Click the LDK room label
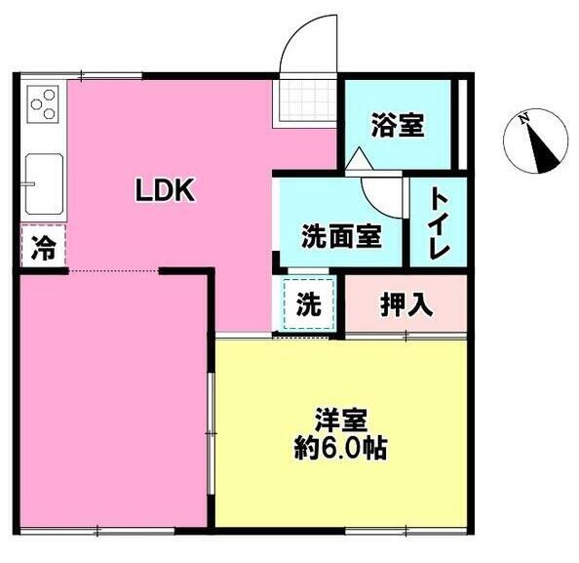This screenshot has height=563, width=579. pyautogui.click(x=165, y=190)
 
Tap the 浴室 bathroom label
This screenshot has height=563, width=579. pyautogui.click(x=398, y=125)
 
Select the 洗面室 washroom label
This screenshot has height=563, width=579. pyautogui.click(x=341, y=236)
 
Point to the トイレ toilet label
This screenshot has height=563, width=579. pyautogui.click(x=439, y=222)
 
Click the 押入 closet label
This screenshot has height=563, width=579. pyautogui.click(x=406, y=305)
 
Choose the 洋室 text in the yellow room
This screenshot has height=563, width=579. pyautogui.click(x=341, y=420)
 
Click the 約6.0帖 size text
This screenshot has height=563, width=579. pyautogui.click(x=340, y=448)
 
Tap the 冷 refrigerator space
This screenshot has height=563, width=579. pyautogui.click(x=44, y=246)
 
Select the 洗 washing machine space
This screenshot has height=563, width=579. pyautogui.click(x=309, y=304)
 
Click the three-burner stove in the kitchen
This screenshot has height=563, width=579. pyautogui.click(x=43, y=103)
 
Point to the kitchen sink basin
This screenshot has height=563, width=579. pyautogui.click(x=44, y=183)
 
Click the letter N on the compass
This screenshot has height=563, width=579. pyautogui.click(x=523, y=119)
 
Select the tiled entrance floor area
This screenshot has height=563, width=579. pyautogui.click(x=304, y=101)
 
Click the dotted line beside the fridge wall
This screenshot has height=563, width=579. pyautogui.click(x=114, y=271)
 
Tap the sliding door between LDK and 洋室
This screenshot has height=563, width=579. pyautogui.click(x=212, y=433)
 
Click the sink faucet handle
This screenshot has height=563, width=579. pyautogui.click(x=28, y=183)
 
